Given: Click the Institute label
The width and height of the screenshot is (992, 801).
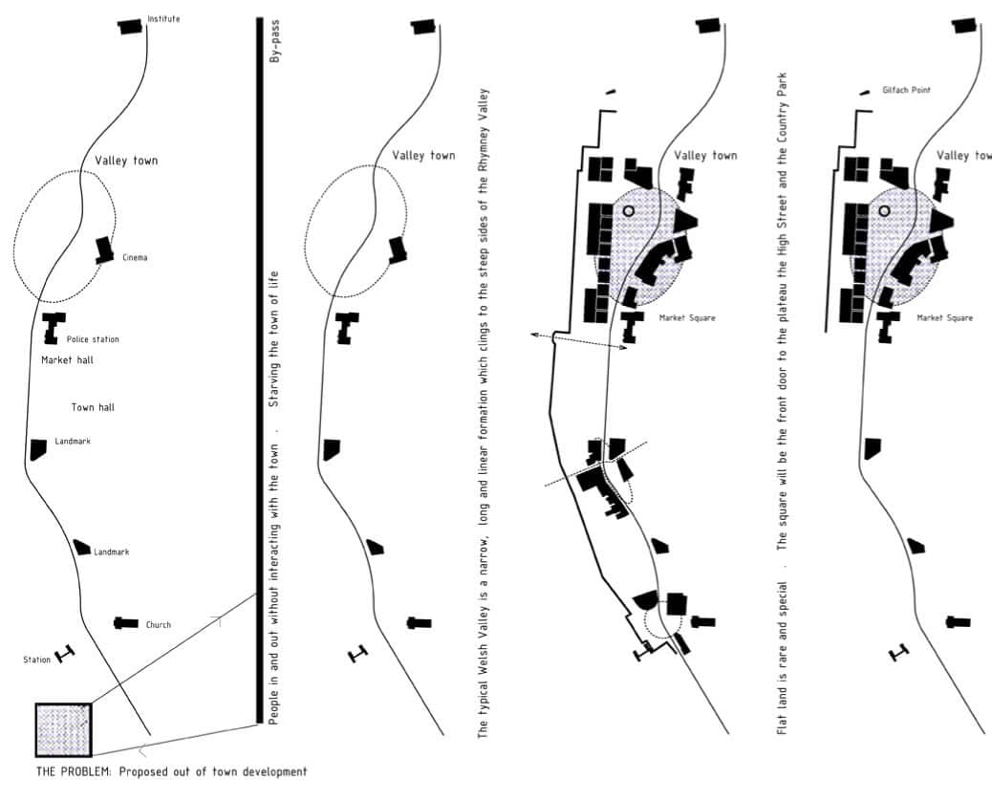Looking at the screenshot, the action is (163, 19).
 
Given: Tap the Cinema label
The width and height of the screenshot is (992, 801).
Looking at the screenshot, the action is (135, 257).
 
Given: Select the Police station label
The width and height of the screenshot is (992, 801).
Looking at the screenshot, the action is (93, 339).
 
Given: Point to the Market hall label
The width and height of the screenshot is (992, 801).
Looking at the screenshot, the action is (67, 360).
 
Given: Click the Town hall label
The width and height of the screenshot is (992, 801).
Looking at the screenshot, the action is (93, 407).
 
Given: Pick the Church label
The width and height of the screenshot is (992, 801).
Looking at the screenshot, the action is (158, 624).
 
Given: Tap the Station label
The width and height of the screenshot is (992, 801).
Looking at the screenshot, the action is (36, 660).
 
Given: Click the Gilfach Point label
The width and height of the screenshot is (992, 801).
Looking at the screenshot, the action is (906, 90).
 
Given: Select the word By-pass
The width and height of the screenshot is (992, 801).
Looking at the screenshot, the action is (274, 41).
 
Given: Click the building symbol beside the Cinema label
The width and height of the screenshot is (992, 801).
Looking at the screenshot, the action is (104, 249).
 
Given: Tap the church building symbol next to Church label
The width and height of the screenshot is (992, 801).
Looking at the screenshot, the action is (126, 623).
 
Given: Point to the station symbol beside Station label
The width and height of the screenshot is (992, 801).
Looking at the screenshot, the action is (65, 654).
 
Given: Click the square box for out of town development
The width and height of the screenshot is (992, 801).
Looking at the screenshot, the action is (64, 729).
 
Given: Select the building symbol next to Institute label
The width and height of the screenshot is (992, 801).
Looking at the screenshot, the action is (130, 27).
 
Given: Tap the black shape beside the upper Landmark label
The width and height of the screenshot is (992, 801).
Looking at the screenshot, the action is (38, 449).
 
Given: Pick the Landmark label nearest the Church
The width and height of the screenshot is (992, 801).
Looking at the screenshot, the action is (112, 552).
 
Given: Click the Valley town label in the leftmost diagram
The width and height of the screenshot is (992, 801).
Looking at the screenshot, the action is (126, 161).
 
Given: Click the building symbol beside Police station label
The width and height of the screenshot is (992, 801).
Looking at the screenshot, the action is (54, 328).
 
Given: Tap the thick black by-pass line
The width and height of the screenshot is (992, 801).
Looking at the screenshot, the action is (259, 370).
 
